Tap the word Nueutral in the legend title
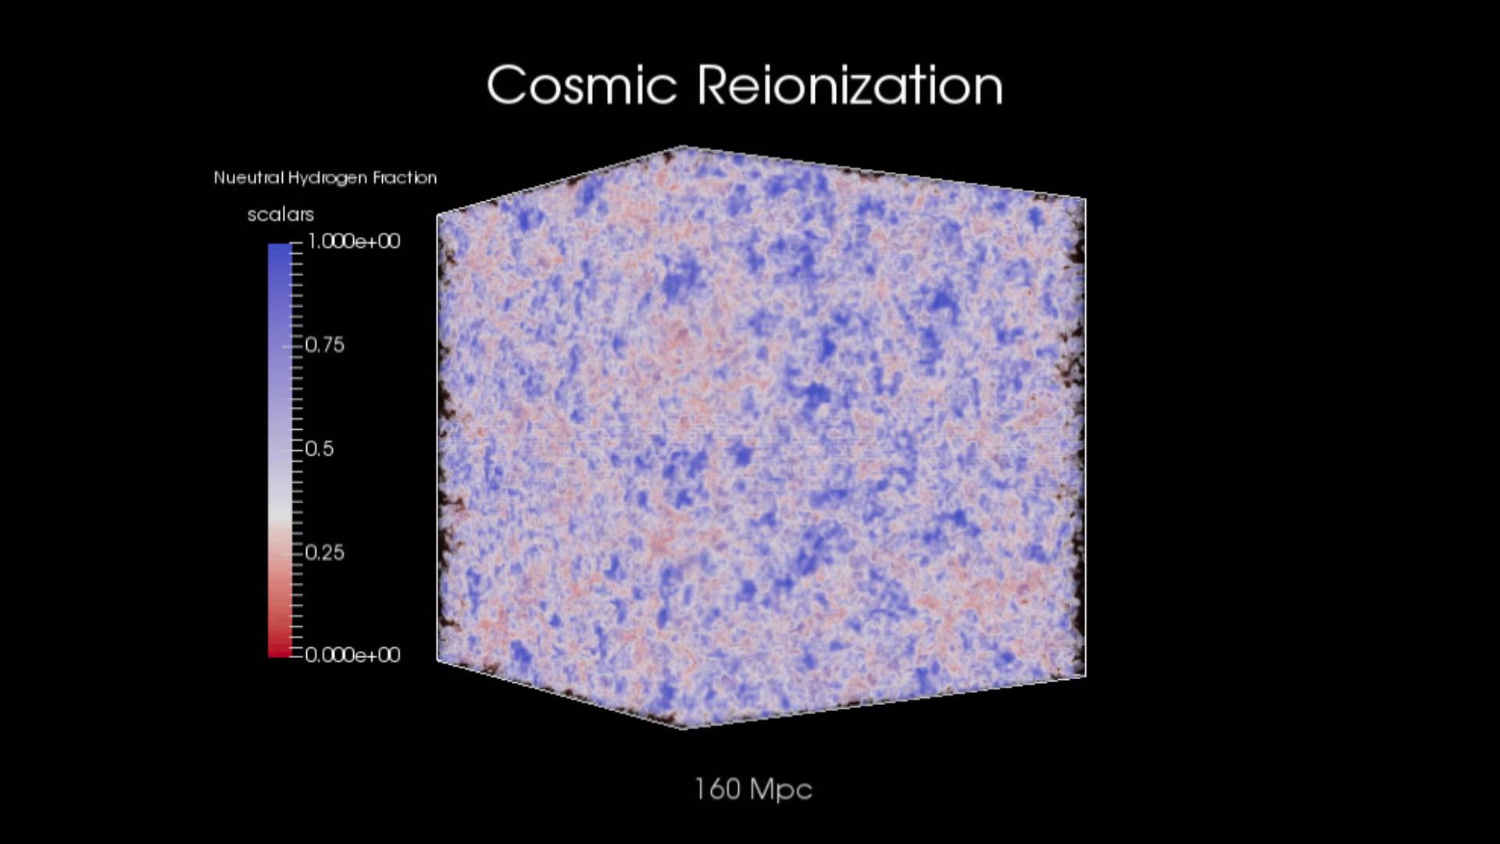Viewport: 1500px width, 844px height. coord(248,177)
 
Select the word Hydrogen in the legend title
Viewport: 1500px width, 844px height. coord(328,178)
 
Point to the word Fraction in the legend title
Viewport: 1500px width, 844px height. coord(405,177)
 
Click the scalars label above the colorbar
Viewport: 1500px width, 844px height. coord(280,214)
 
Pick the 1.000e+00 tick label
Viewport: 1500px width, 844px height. coord(353,241)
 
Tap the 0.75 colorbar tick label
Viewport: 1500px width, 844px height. coord(324,345)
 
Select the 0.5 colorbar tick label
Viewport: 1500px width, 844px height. coord(319,449)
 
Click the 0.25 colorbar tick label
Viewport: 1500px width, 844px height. coord(324,553)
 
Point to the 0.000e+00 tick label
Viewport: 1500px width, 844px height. coord(352,654)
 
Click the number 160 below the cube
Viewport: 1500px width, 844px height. coord(717,789)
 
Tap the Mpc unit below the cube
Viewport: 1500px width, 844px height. coord(781,790)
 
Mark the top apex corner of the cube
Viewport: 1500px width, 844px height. coord(684,146)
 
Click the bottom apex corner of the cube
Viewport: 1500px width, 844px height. coord(686,728)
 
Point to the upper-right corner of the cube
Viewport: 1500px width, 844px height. coord(1085,198)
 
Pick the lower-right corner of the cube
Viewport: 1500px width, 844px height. coord(1085,676)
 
